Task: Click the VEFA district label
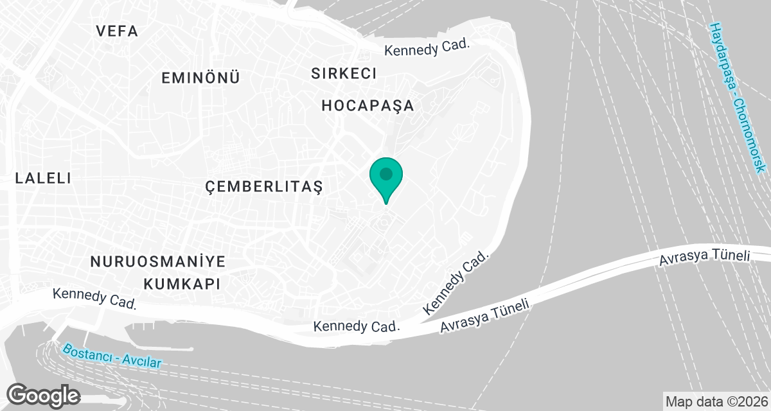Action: coord(116,31)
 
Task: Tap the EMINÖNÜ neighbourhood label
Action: coord(200,78)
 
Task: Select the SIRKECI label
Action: coord(344,73)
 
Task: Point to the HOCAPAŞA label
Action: coord(368,105)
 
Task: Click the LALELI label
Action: coord(43,179)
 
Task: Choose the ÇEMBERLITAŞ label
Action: coord(263,187)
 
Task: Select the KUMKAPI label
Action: coord(182,283)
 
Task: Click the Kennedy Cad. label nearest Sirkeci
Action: coord(427,49)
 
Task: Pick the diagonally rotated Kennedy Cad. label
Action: coord(457,283)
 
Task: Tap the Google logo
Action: coord(43,395)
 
